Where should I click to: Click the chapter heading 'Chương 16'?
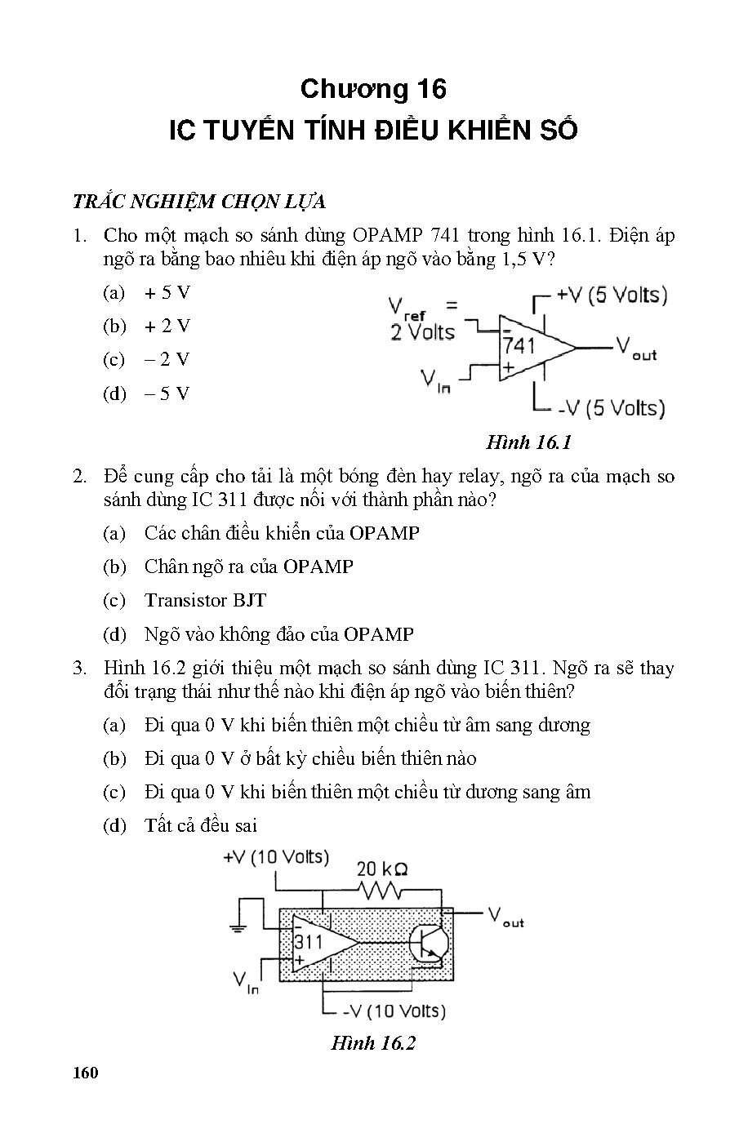(x=373, y=89)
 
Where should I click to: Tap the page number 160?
(x=85, y=1072)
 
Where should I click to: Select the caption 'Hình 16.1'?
(x=528, y=442)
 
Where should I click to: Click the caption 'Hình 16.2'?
(x=373, y=1042)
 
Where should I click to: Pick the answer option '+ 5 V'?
(x=167, y=293)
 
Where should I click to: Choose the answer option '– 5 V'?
(x=167, y=393)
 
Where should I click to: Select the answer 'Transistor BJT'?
(x=205, y=600)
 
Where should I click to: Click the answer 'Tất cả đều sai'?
(x=200, y=825)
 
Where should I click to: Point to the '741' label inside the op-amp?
(x=519, y=345)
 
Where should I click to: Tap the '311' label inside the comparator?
(x=309, y=941)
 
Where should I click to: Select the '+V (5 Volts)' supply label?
(x=612, y=295)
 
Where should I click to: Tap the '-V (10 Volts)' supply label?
(x=394, y=1011)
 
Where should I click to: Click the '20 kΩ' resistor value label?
(x=382, y=869)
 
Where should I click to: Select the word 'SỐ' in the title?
(x=558, y=131)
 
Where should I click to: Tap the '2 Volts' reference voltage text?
(x=422, y=332)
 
